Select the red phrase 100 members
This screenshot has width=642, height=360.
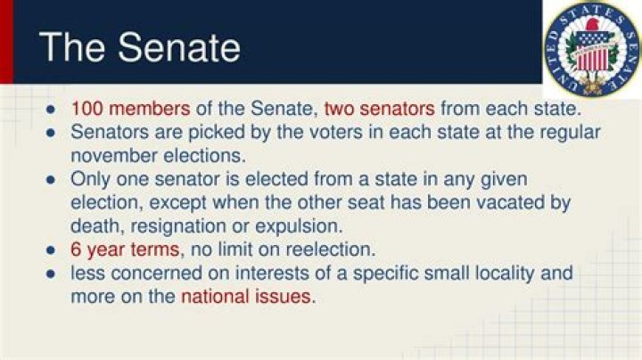tap(131, 109)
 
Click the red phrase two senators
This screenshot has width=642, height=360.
tap(379, 109)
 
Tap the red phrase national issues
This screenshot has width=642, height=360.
tap(247, 296)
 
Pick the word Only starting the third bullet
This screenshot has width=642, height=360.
tap(90, 178)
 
